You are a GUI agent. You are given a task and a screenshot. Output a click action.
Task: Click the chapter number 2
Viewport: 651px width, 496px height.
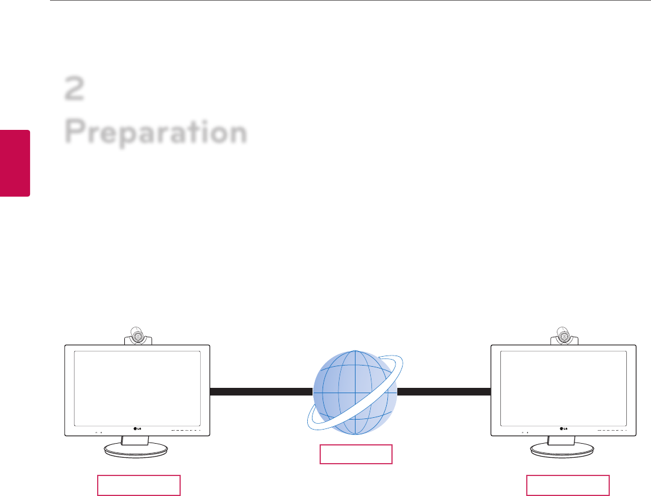(75, 90)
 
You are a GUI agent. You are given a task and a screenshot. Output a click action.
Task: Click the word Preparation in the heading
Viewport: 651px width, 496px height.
(156, 133)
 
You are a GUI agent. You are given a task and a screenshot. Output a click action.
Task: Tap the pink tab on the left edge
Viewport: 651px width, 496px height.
(15, 163)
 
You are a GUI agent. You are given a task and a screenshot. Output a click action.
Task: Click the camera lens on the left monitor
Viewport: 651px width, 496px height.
(138, 336)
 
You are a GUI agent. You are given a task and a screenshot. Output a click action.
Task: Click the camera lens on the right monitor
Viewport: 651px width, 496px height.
(564, 336)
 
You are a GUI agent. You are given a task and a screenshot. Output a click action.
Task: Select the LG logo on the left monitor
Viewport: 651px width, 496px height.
(138, 428)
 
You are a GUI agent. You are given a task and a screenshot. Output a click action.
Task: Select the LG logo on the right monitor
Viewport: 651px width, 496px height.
(563, 428)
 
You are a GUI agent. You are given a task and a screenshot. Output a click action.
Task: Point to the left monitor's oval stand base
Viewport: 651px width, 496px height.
(137, 450)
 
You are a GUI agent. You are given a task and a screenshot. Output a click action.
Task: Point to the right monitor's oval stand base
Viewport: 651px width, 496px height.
(563, 450)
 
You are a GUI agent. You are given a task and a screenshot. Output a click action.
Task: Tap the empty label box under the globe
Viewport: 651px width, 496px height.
(356, 454)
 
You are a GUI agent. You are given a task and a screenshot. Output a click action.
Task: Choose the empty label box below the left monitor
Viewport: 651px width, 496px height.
(138, 485)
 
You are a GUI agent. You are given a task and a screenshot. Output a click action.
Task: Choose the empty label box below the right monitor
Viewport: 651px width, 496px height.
(567, 485)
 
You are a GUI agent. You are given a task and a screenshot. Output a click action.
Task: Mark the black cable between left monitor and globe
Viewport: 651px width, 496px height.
(261, 392)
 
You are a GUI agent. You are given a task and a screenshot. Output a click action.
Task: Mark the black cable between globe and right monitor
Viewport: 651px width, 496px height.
(444, 392)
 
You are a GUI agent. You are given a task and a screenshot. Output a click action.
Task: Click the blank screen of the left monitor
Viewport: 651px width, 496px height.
(137, 388)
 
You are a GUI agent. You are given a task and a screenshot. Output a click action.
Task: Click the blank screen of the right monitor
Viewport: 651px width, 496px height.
(563, 388)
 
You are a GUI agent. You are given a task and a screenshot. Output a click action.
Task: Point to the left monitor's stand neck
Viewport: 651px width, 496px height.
(137, 440)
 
